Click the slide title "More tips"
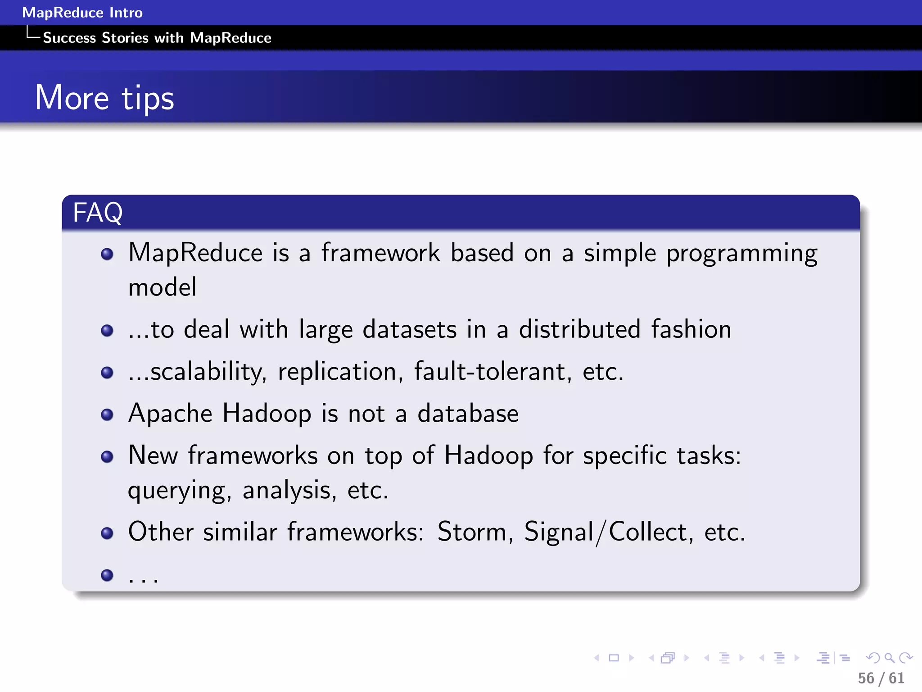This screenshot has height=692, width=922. tap(104, 98)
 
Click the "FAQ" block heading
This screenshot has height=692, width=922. tap(98, 213)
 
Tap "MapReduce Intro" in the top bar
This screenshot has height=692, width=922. tap(82, 13)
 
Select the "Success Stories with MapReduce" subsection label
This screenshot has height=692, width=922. tap(157, 38)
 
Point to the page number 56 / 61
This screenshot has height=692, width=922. tap(881, 678)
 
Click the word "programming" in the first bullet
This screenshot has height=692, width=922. tap(741, 254)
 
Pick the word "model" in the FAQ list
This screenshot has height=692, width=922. tap(162, 287)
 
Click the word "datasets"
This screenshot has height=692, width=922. tap(410, 329)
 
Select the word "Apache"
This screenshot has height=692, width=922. tap(170, 414)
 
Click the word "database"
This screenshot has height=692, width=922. tap(468, 414)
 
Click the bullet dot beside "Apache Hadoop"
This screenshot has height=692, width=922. tap(107, 414)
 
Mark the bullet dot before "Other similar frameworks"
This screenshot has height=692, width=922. tap(107, 533)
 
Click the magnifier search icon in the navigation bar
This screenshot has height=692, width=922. tap(889, 658)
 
